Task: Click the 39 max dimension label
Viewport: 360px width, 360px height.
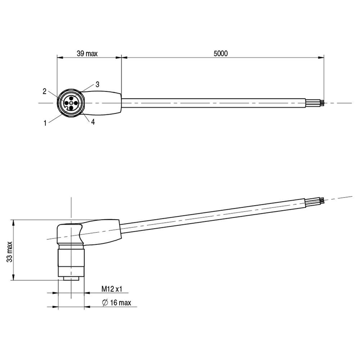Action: coord(87,54)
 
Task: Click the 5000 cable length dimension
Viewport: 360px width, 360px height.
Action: coord(220,54)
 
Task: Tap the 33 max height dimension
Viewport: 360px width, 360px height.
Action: coord(9,252)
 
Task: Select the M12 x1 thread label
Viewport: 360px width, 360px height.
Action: coord(112,289)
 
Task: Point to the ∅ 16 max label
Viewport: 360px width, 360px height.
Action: coord(117,302)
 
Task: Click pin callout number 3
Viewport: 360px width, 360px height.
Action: coord(97,85)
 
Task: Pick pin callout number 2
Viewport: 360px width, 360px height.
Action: coord(45,91)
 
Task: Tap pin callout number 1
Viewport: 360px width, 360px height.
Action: coord(45,123)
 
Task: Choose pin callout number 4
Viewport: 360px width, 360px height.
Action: coord(93,122)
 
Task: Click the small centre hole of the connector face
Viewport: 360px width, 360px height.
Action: coord(71,103)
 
